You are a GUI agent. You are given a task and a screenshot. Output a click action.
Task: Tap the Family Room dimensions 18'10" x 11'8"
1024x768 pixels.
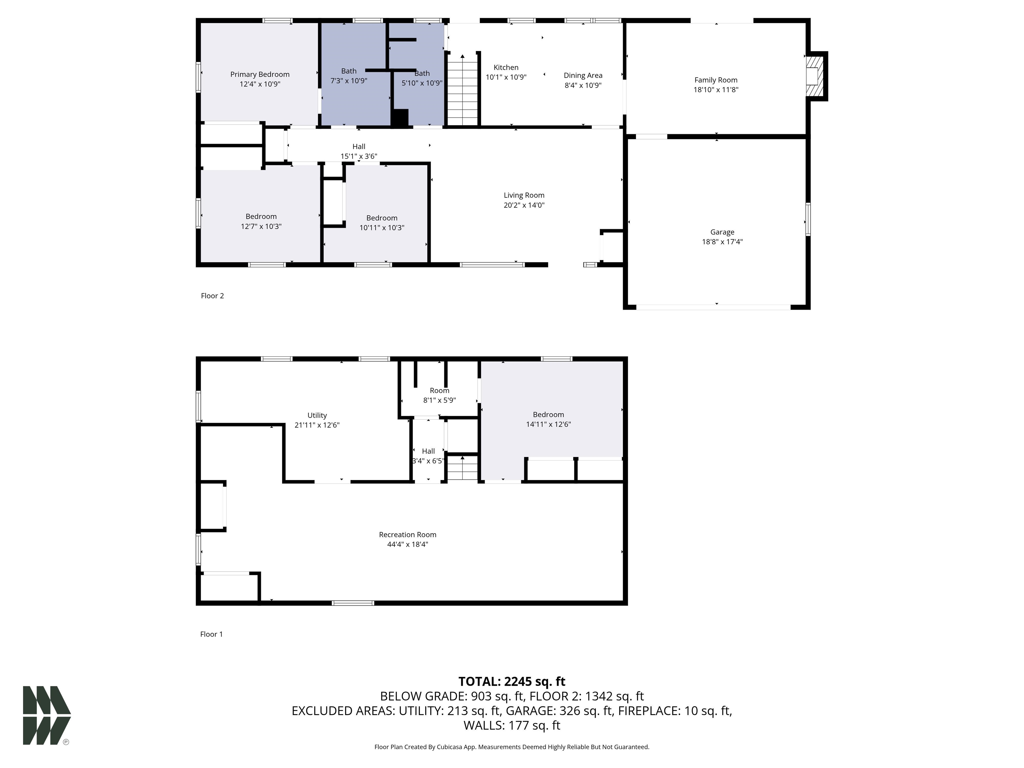[716, 90]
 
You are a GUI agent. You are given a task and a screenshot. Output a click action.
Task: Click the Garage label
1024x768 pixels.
[722, 232]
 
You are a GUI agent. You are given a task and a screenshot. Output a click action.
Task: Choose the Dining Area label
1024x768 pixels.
[583, 75]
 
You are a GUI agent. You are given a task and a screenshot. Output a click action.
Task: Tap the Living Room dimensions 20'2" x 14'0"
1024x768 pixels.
[524, 205]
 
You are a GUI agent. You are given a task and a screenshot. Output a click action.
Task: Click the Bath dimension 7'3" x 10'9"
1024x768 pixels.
[349, 81]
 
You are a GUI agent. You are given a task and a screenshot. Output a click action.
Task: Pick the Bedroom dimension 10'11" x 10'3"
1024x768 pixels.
[382, 228]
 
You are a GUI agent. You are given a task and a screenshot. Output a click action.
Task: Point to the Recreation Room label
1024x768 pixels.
[407, 535]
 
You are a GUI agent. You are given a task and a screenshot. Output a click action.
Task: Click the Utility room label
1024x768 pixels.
[317, 416]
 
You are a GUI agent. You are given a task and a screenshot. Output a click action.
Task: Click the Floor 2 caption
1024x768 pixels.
[212, 296]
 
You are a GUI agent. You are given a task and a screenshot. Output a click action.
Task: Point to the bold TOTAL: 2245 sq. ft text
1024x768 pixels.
[512, 681]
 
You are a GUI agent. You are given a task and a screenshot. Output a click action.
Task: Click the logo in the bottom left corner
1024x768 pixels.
[47, 715]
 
